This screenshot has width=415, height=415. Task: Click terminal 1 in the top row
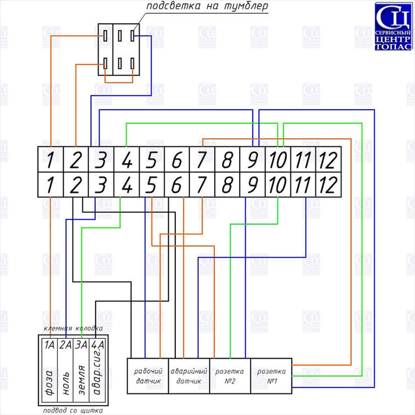[50, 159]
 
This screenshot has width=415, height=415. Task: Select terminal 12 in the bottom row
[328, 184]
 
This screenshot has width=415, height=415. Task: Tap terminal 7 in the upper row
[202, 159]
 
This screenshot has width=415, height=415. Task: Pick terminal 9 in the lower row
[252, 184]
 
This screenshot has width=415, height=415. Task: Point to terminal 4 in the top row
[127, 159]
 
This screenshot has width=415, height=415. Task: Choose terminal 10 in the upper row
[277, 159]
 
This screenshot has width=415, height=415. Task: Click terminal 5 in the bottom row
[152, 184]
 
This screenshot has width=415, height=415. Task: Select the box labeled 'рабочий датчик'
[148, 376]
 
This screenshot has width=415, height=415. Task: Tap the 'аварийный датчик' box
[189, 376]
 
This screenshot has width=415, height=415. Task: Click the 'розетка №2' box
[230, 376]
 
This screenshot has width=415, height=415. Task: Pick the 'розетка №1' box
[271, 376]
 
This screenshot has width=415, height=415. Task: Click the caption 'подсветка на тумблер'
[207, 7]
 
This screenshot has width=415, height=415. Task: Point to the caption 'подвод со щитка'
[73, 410]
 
